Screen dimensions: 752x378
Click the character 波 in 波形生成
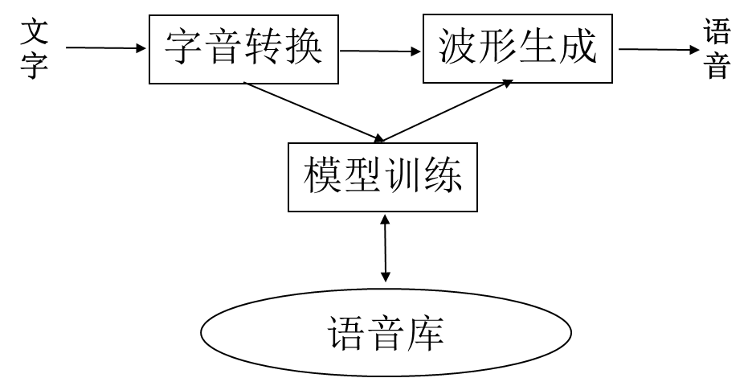click(x=459, y=47)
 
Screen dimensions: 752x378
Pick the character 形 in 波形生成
click(x=498, y=47)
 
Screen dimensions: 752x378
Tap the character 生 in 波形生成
click(x=537, y=47)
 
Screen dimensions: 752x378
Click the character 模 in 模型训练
click(x=323, y=175)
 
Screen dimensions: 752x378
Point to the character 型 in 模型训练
click(x=362, y=175)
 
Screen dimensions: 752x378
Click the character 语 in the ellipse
click(x=347, y=333)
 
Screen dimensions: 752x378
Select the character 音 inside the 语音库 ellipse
click(x=386, y=333)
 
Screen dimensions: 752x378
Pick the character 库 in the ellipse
click(x=426, y=333)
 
